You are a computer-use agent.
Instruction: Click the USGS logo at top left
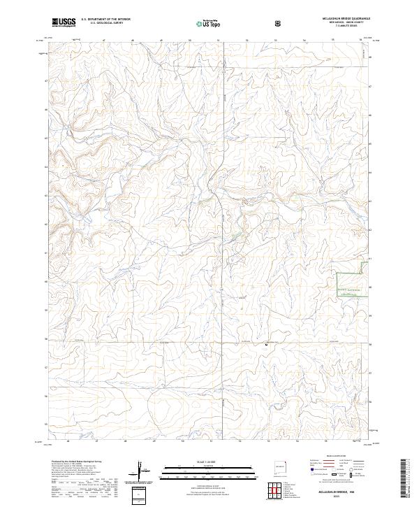click(x=64, y=22)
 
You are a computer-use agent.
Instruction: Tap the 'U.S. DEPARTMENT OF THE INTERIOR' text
click(x=105, y=20)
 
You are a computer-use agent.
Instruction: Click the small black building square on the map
click(x=265, y=344)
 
